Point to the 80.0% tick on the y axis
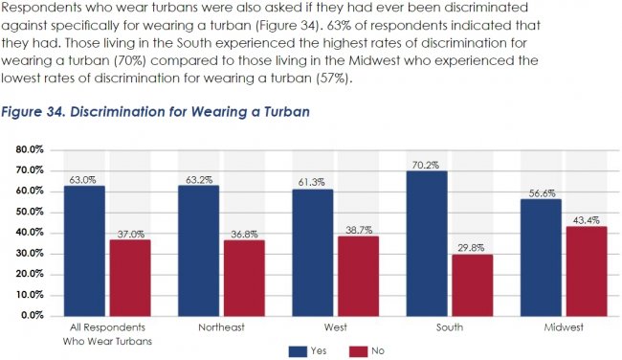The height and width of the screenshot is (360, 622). click(30, 149)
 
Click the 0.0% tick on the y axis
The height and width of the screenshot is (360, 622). click(33, 314)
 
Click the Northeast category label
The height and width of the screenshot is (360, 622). click(219, 327)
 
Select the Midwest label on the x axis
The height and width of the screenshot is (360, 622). click(563, 327)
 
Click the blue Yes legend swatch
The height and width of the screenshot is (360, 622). click(297, 350)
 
